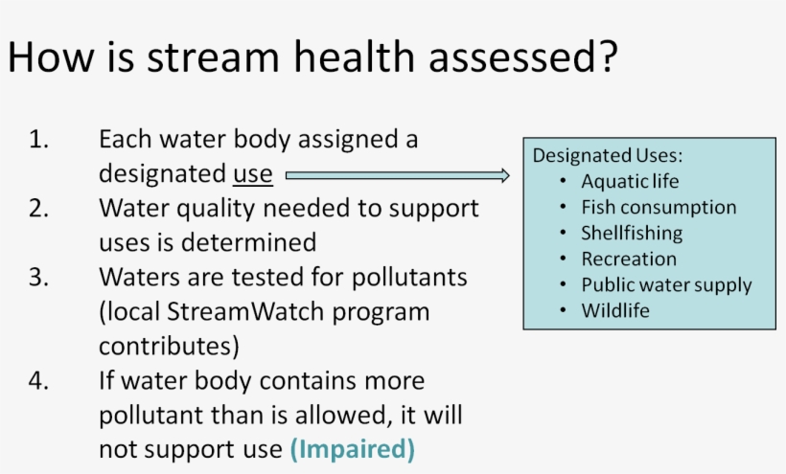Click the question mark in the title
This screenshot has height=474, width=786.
tap(607, 56)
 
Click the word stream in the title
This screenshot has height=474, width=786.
tap(213, 57)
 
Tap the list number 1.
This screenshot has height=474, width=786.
tap(39, 139)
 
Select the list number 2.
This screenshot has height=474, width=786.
tap(39, 208)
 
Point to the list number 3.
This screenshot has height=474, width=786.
tap(39, 278)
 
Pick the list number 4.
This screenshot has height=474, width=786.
tap(39, 381)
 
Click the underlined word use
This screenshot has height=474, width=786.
tap(253, 174)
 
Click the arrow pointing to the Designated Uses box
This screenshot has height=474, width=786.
tap(398, 175)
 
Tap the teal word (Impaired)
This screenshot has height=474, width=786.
tap(353, 449)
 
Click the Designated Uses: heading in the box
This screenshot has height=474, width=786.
tap(608, 156)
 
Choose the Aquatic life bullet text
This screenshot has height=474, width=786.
tap(630, 181)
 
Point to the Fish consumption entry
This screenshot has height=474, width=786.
tap(659, 207)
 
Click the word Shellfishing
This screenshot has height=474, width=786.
tap(632, 234)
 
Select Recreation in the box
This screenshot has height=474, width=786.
tap(629, 260)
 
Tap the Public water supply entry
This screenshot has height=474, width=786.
tap(667, 285)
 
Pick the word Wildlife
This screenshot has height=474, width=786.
tap(615, 311)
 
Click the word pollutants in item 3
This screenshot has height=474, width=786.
tap(409, 278)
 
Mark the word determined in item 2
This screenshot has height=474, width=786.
tap(248, 243)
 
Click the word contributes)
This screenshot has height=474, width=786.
tap(169, 347)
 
